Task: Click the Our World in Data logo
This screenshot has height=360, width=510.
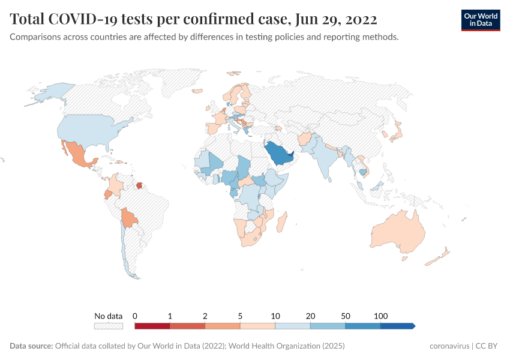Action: pyautogui.click(x=480, y=20)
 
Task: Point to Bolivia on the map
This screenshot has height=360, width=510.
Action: pyautogui.click(x=128, y=217)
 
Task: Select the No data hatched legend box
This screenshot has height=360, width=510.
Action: pyautogui.click(x=108, y=326)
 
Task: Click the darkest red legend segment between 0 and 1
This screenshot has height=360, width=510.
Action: pyautogui.click(x=152, y=326)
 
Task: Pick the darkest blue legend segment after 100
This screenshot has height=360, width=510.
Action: pyautogui.click(x=397, y=326)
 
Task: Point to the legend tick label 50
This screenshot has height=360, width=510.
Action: pyautogui.click(x=345, y=316)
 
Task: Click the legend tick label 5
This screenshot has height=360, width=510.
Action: pyautogui.click(x=240, y=316)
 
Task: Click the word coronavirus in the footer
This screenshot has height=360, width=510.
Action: pyautogui.click(x=449, y=346)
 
